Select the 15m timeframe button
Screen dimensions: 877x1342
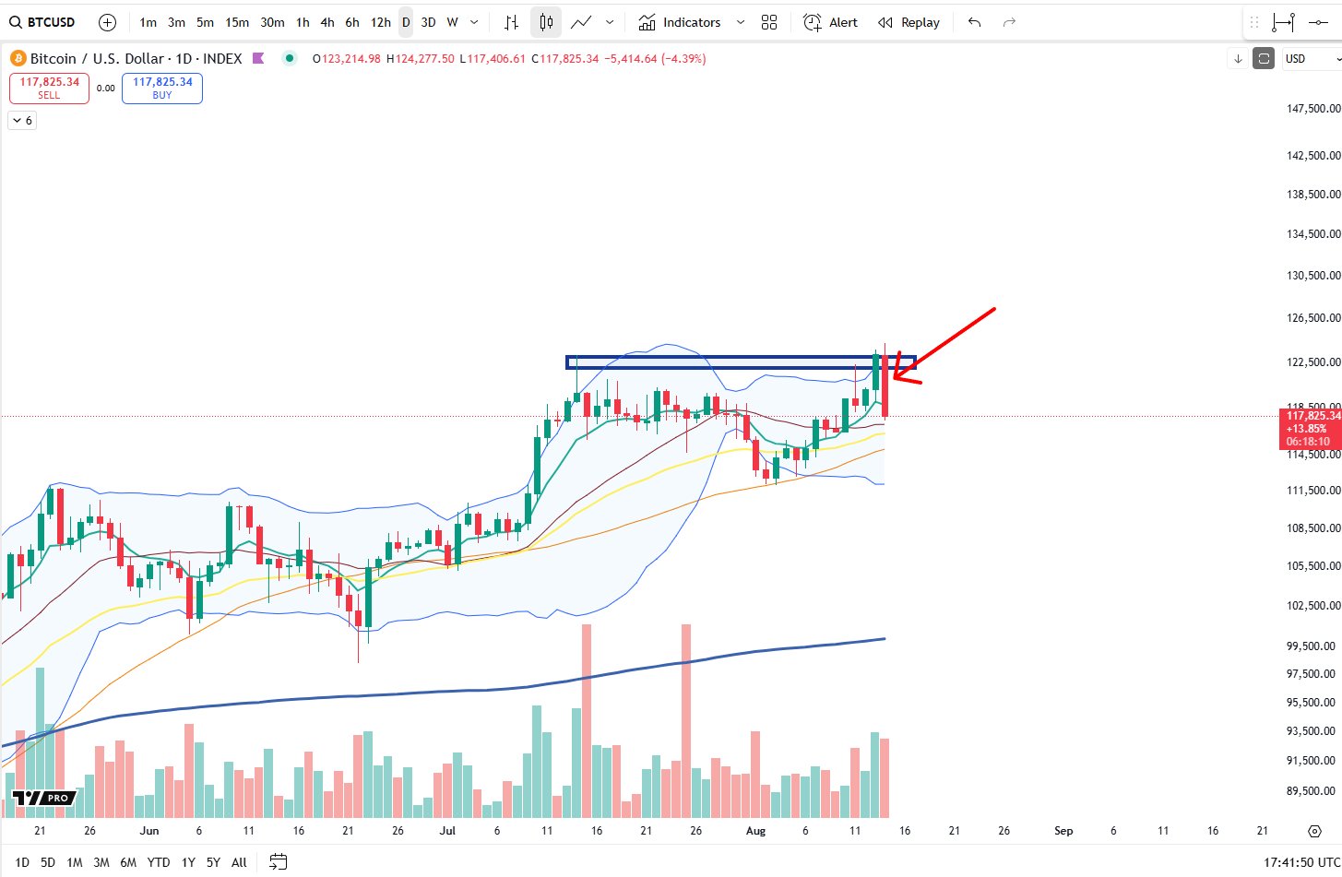point(237,22)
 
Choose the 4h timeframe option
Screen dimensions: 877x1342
point(327,22)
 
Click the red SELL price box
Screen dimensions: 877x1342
point(49,89)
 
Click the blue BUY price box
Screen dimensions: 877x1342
point(162,89)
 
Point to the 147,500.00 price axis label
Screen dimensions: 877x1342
point(1312,109)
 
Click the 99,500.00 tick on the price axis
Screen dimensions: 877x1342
point(1312,646)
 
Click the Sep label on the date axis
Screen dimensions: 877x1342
point(1063,831)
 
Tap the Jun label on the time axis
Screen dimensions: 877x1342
point(149,831)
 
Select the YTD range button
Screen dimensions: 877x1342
point(159,862)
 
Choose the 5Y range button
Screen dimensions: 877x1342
point(213,862)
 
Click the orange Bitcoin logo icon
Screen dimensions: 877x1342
point(18,58)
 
